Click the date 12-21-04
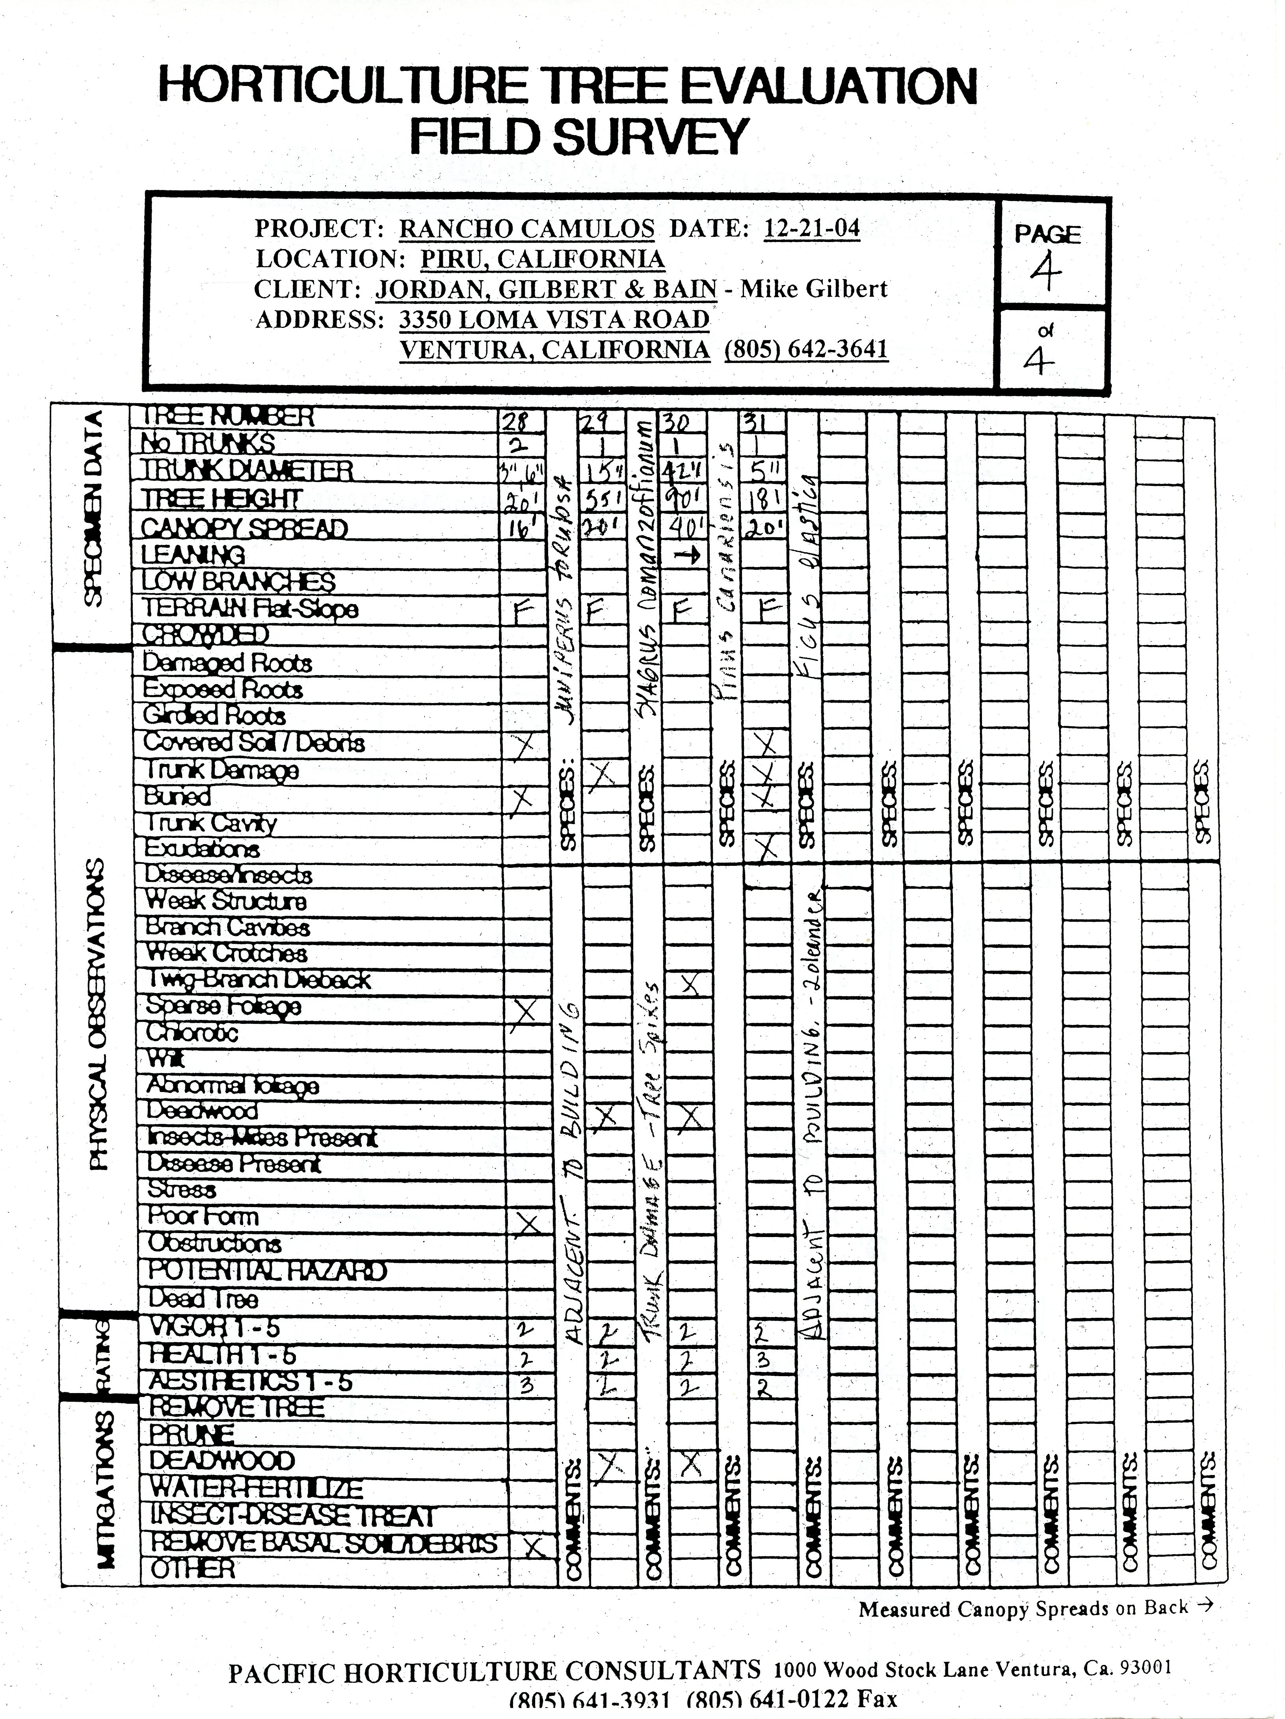point(812,229)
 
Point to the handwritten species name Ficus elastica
point(808,575)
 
